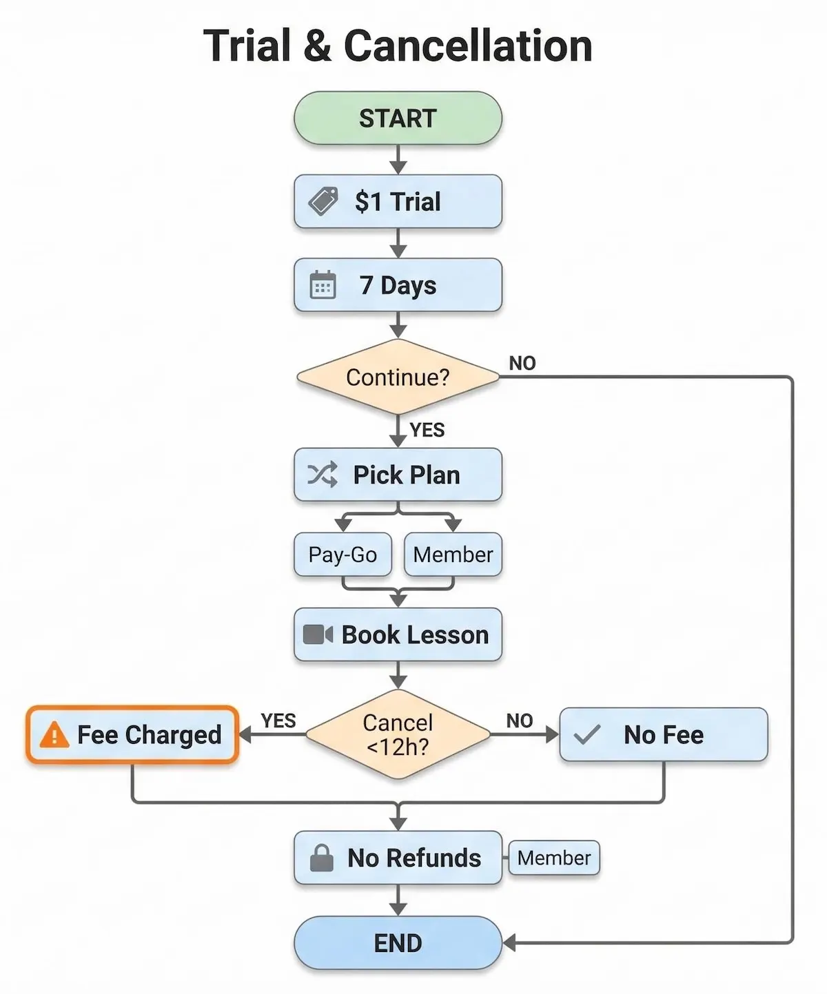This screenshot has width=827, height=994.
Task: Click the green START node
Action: (x=398, y=118)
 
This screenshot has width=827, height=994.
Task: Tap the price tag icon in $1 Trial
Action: (x=323, y=201)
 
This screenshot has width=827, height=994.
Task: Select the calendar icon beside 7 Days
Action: (x=323, y=285)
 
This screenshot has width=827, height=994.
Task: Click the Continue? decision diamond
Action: (x=398, y=377)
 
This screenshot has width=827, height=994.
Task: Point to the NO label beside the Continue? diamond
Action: (x=522, y=363)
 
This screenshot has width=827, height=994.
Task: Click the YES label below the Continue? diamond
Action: (x=427, y=430)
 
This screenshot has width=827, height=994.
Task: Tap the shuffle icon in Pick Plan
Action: (x=322, y=475)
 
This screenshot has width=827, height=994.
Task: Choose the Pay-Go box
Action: (x=343, y=555)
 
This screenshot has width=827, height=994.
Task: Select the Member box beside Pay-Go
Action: (x=453, y=555)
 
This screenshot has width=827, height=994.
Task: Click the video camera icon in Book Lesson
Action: (x=318, y=634)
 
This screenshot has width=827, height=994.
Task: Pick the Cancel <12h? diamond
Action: (x=398, y=734)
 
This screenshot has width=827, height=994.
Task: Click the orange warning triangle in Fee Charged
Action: (x=54, y=735)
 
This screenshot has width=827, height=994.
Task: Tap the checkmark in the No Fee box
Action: (x=587, y=735)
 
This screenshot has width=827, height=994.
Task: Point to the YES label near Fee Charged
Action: (x=278, y=721)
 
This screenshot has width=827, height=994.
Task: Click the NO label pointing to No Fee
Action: (x=519, y=721)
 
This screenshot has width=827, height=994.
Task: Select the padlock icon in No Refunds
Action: (x=321, y=858)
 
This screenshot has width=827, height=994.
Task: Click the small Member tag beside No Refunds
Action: (x=554, y=858)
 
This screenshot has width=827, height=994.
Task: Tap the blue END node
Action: (x=398, y=943)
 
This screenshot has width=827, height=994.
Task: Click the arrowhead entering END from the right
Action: (x=509, y=943)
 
